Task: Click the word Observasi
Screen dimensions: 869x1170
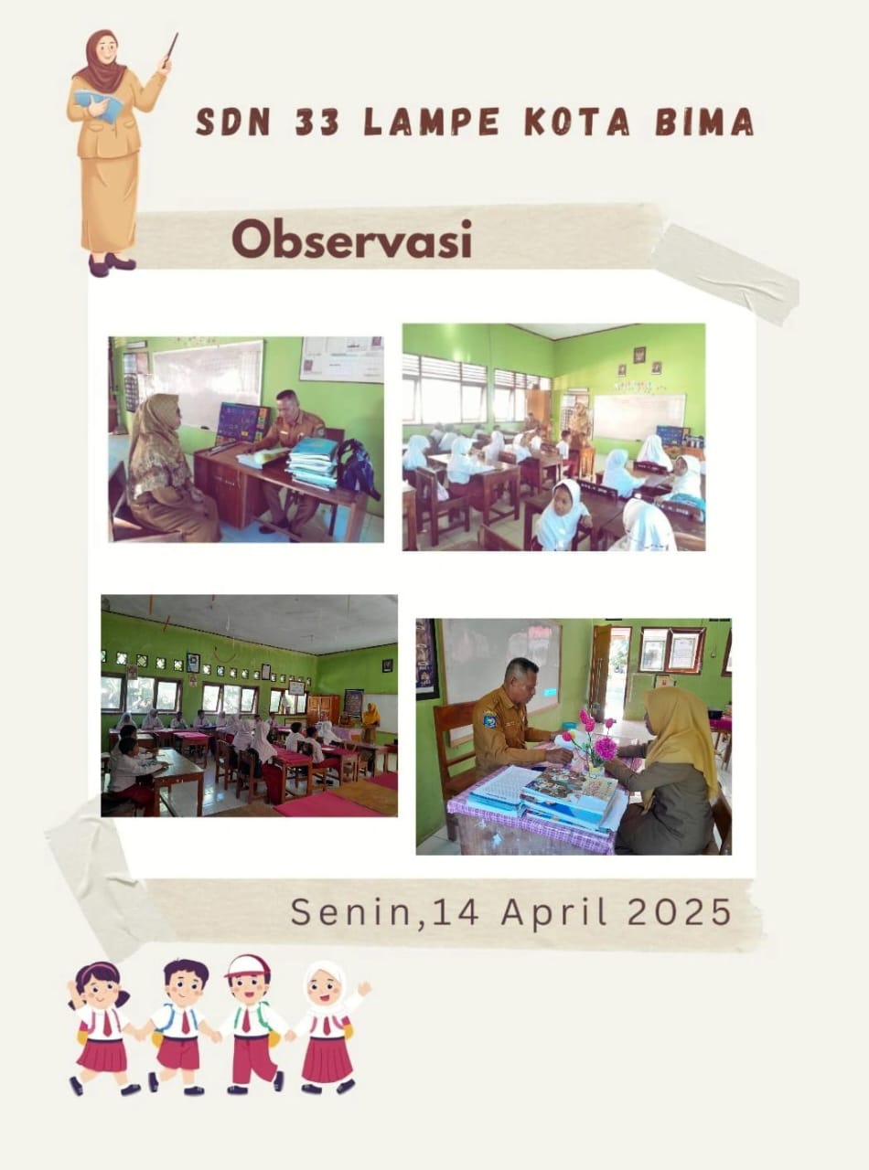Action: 351,240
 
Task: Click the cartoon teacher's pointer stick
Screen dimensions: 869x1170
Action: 170,50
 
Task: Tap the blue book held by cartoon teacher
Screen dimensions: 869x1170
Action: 100,105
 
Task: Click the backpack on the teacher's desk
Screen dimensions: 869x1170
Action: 358,466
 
